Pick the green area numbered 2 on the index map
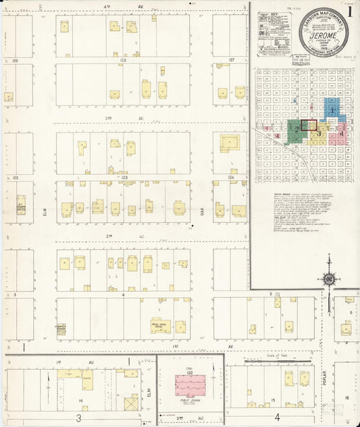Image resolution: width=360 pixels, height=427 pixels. coord(296,128)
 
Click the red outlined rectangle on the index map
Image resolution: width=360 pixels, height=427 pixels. coord(309,125)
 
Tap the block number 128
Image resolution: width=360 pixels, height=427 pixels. coord(123,60)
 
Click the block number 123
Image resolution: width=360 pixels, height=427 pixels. coord(124,177)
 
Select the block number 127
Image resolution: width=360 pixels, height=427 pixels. coord(231,60)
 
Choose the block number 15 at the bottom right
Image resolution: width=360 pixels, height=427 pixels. coord(273,401)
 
